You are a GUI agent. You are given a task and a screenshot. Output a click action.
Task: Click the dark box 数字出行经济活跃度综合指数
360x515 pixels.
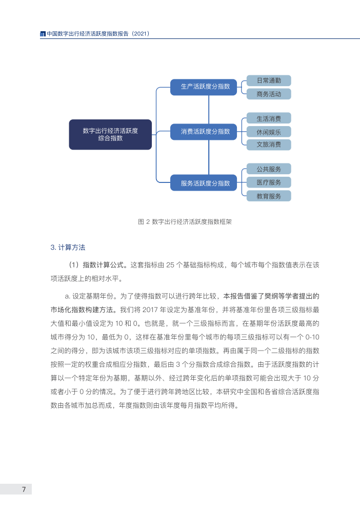tap(110, 134)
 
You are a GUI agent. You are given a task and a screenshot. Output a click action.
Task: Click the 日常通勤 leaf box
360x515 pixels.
tap(269, 80)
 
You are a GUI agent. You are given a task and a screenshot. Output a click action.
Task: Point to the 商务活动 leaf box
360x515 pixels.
tap(269, 94)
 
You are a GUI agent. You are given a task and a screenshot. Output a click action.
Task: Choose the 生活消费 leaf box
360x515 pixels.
tap(269, 118)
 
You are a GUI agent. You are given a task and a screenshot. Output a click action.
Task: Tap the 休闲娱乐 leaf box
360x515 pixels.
tap(269, 132)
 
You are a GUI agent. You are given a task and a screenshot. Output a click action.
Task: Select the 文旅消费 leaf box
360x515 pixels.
tap(269, 145)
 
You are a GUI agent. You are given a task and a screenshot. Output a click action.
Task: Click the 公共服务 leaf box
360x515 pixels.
tap(269, 169)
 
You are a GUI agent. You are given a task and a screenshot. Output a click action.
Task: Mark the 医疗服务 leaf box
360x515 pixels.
tap(269, 182)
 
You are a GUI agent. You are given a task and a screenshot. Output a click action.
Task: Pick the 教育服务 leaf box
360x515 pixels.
tap(269, 196)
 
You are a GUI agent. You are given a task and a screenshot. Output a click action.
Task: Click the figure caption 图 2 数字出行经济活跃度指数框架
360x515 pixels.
tap(185, 222)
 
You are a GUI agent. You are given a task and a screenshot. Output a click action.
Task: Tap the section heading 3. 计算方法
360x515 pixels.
tap(68, 247)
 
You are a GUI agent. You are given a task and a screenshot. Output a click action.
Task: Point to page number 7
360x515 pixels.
tap(24, 489)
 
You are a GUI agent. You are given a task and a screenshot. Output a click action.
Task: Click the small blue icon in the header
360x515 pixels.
tap(43, 34)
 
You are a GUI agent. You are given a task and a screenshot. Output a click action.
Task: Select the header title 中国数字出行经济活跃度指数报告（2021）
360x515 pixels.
tap(97, 34)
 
